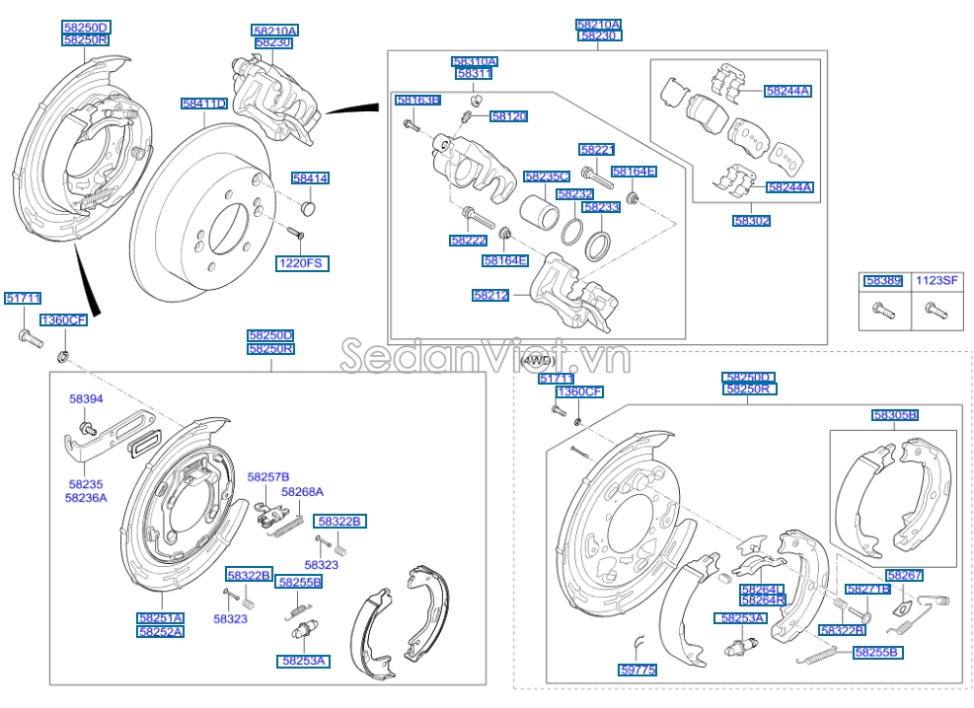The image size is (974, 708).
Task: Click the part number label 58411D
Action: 204,104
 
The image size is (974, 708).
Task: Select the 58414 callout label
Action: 310,178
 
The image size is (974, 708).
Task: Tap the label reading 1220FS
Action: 301,263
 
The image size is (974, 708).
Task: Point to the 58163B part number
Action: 417,101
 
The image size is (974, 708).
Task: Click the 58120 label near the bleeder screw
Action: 508,116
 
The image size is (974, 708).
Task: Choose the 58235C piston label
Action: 547,177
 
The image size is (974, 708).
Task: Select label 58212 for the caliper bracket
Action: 490,295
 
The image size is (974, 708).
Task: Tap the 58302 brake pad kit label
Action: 752,221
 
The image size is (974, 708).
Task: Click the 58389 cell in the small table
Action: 883,281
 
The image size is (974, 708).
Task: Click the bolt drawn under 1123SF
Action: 934,311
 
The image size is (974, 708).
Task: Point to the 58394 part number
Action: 86,399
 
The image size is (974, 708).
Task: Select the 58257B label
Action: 268,476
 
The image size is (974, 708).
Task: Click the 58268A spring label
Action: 302,491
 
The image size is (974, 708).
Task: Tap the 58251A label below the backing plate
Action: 160,617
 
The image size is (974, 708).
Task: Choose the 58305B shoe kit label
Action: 894,415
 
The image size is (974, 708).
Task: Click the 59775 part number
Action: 638,670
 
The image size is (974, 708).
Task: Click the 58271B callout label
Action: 867,589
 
